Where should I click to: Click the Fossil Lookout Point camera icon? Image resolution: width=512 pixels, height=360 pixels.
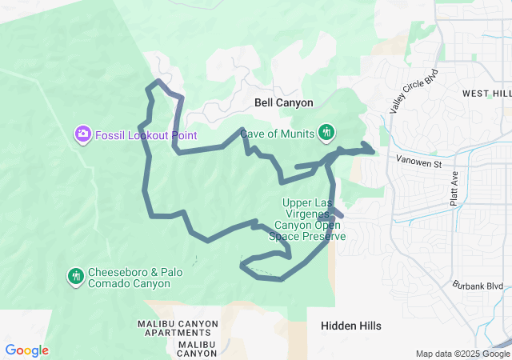82,134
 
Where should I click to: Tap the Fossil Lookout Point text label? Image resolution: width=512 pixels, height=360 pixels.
146,135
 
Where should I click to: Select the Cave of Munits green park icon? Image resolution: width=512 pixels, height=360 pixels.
326,132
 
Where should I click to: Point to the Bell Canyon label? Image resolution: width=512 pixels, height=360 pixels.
283,102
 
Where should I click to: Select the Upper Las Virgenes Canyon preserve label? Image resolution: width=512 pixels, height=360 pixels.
314,219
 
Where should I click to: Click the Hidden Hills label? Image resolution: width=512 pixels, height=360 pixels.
350,326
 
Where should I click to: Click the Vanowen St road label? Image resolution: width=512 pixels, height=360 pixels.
419,163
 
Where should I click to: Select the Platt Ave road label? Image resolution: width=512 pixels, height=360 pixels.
454,189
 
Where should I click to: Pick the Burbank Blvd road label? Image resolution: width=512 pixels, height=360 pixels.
478,285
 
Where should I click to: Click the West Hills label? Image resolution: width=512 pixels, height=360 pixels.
486,94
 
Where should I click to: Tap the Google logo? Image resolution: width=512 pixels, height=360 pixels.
26,350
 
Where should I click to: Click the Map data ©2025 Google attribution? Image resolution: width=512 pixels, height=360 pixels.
462,354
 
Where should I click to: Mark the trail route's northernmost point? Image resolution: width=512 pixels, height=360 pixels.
159,82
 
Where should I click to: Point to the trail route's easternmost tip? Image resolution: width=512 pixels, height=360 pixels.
373,150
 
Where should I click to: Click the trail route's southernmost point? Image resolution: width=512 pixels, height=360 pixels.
281,279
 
